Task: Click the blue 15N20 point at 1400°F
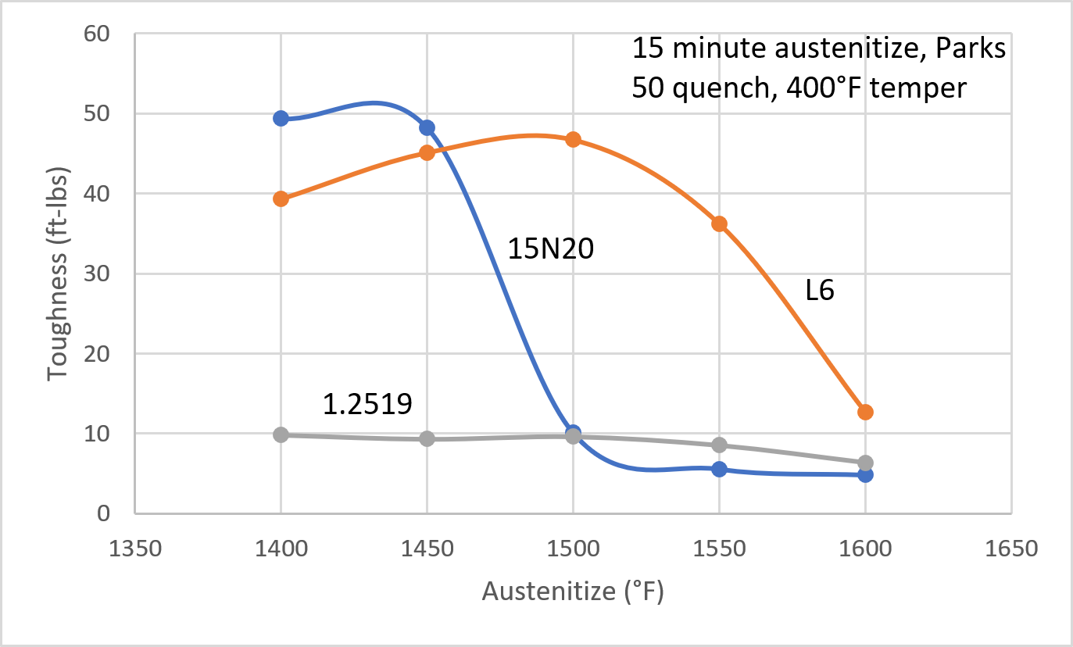281,118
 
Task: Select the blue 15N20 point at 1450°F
427,127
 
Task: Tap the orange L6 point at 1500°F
573,139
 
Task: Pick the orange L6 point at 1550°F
719,224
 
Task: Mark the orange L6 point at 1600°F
865,412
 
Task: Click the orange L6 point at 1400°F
281,198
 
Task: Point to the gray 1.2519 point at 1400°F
281,434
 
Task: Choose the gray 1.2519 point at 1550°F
719,445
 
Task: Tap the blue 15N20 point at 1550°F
719,469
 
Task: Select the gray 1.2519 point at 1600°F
865,463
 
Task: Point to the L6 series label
820,291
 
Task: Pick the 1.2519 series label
367,403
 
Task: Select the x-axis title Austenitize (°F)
573,592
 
